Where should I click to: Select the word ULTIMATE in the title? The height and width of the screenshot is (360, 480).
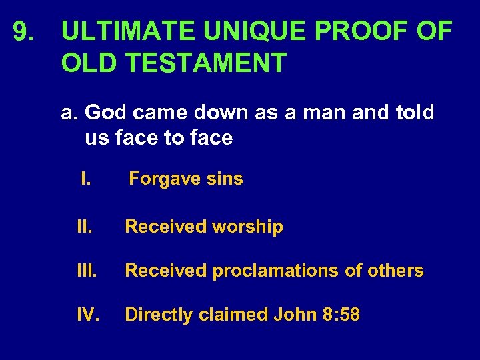[x=129, y=31]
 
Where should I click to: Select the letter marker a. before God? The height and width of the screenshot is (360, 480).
[x=70, y=113]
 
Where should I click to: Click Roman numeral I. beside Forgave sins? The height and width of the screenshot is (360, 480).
[x=85, y=179]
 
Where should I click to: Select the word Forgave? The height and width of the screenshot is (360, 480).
[x=159, y=179]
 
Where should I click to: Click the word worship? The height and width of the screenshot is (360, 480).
[x=247, y=227]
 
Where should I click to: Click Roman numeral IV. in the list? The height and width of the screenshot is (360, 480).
[x=88, y=314]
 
